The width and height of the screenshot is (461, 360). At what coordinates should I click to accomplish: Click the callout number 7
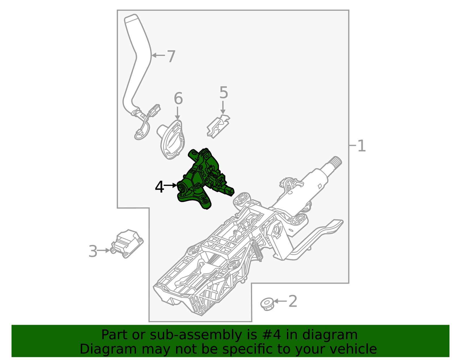pyautogui.click(x=171, y=56)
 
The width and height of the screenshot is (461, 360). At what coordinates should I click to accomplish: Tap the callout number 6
pyautogui.click(x=178, y=99)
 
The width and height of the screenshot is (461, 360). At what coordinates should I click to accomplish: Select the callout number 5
pyautogui.click(x=224, y=93)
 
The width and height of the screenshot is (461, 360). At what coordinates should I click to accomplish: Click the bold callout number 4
pyautogui.click(x=159, y=187)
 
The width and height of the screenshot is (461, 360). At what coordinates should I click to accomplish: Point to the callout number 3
pyautogui.click(x=93, y=251)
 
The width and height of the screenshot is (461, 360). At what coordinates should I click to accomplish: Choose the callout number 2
pyautogui.click(x=293, y=301)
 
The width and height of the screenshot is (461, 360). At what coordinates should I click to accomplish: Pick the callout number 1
pyautogui.click(x=362, y=146)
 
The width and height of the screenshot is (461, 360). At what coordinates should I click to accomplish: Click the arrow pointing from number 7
pyautogui.click(x=158, y=55)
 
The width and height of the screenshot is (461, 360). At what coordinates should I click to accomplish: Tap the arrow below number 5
pyautogui.click(x=223, y=108)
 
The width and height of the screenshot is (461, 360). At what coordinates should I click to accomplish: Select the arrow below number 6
pyautogui.click(x=177, y=113)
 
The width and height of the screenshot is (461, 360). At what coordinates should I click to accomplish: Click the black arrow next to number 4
pyautogui.click(x=170, y=185)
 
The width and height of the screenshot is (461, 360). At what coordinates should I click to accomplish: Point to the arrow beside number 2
pyautogui.click(x=280, y=301)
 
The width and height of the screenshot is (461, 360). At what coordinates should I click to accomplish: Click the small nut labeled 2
pyautogui.click(x=267, y=304)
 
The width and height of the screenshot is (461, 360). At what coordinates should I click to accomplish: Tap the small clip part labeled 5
pyautogui.click(x=218, y=127)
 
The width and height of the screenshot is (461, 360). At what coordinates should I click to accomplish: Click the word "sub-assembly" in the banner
pyautogui.click(x=196, y=335)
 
